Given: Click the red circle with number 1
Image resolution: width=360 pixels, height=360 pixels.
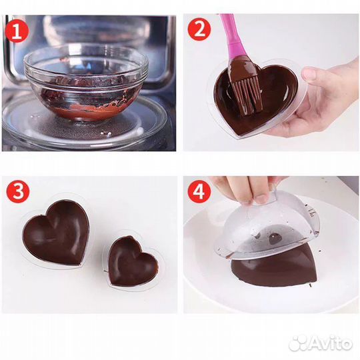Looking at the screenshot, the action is pyautogui.click(x=17, y=31).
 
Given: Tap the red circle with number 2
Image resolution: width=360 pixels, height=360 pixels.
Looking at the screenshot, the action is pyautogui.click(x=199, y=29).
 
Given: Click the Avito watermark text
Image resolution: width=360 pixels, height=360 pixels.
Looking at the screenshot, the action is pyautogui.click(x=331, y=343).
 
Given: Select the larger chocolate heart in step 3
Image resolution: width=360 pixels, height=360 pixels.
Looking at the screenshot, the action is pyautogui.click(x=55, y=233).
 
